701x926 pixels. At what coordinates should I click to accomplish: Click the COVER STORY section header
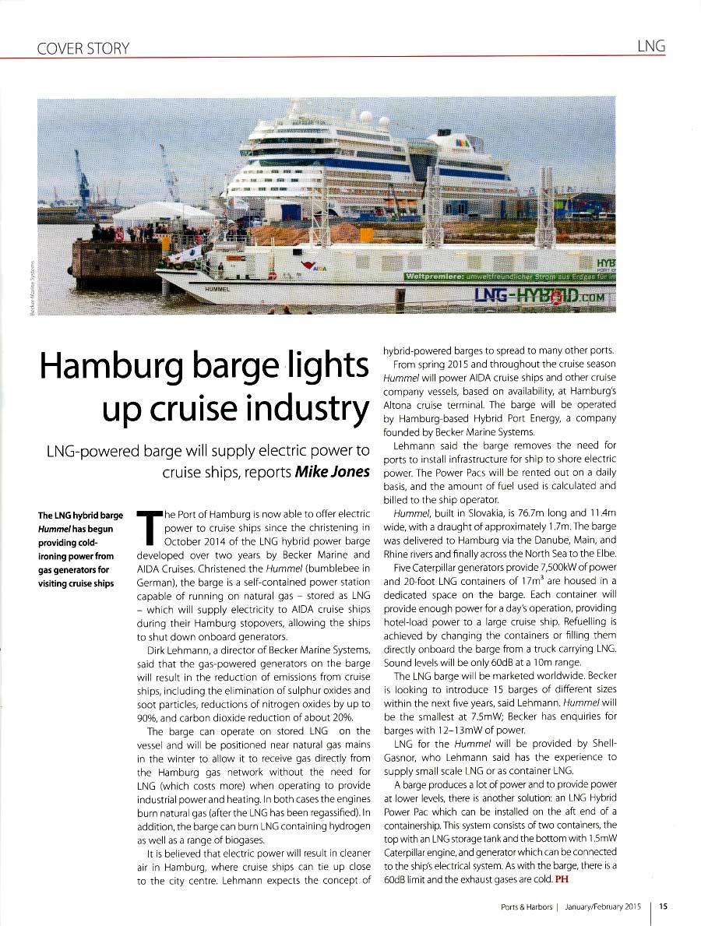(83, 48)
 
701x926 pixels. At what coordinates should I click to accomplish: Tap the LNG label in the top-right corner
(650, 46)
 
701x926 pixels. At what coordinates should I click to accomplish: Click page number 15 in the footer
(663, 906)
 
